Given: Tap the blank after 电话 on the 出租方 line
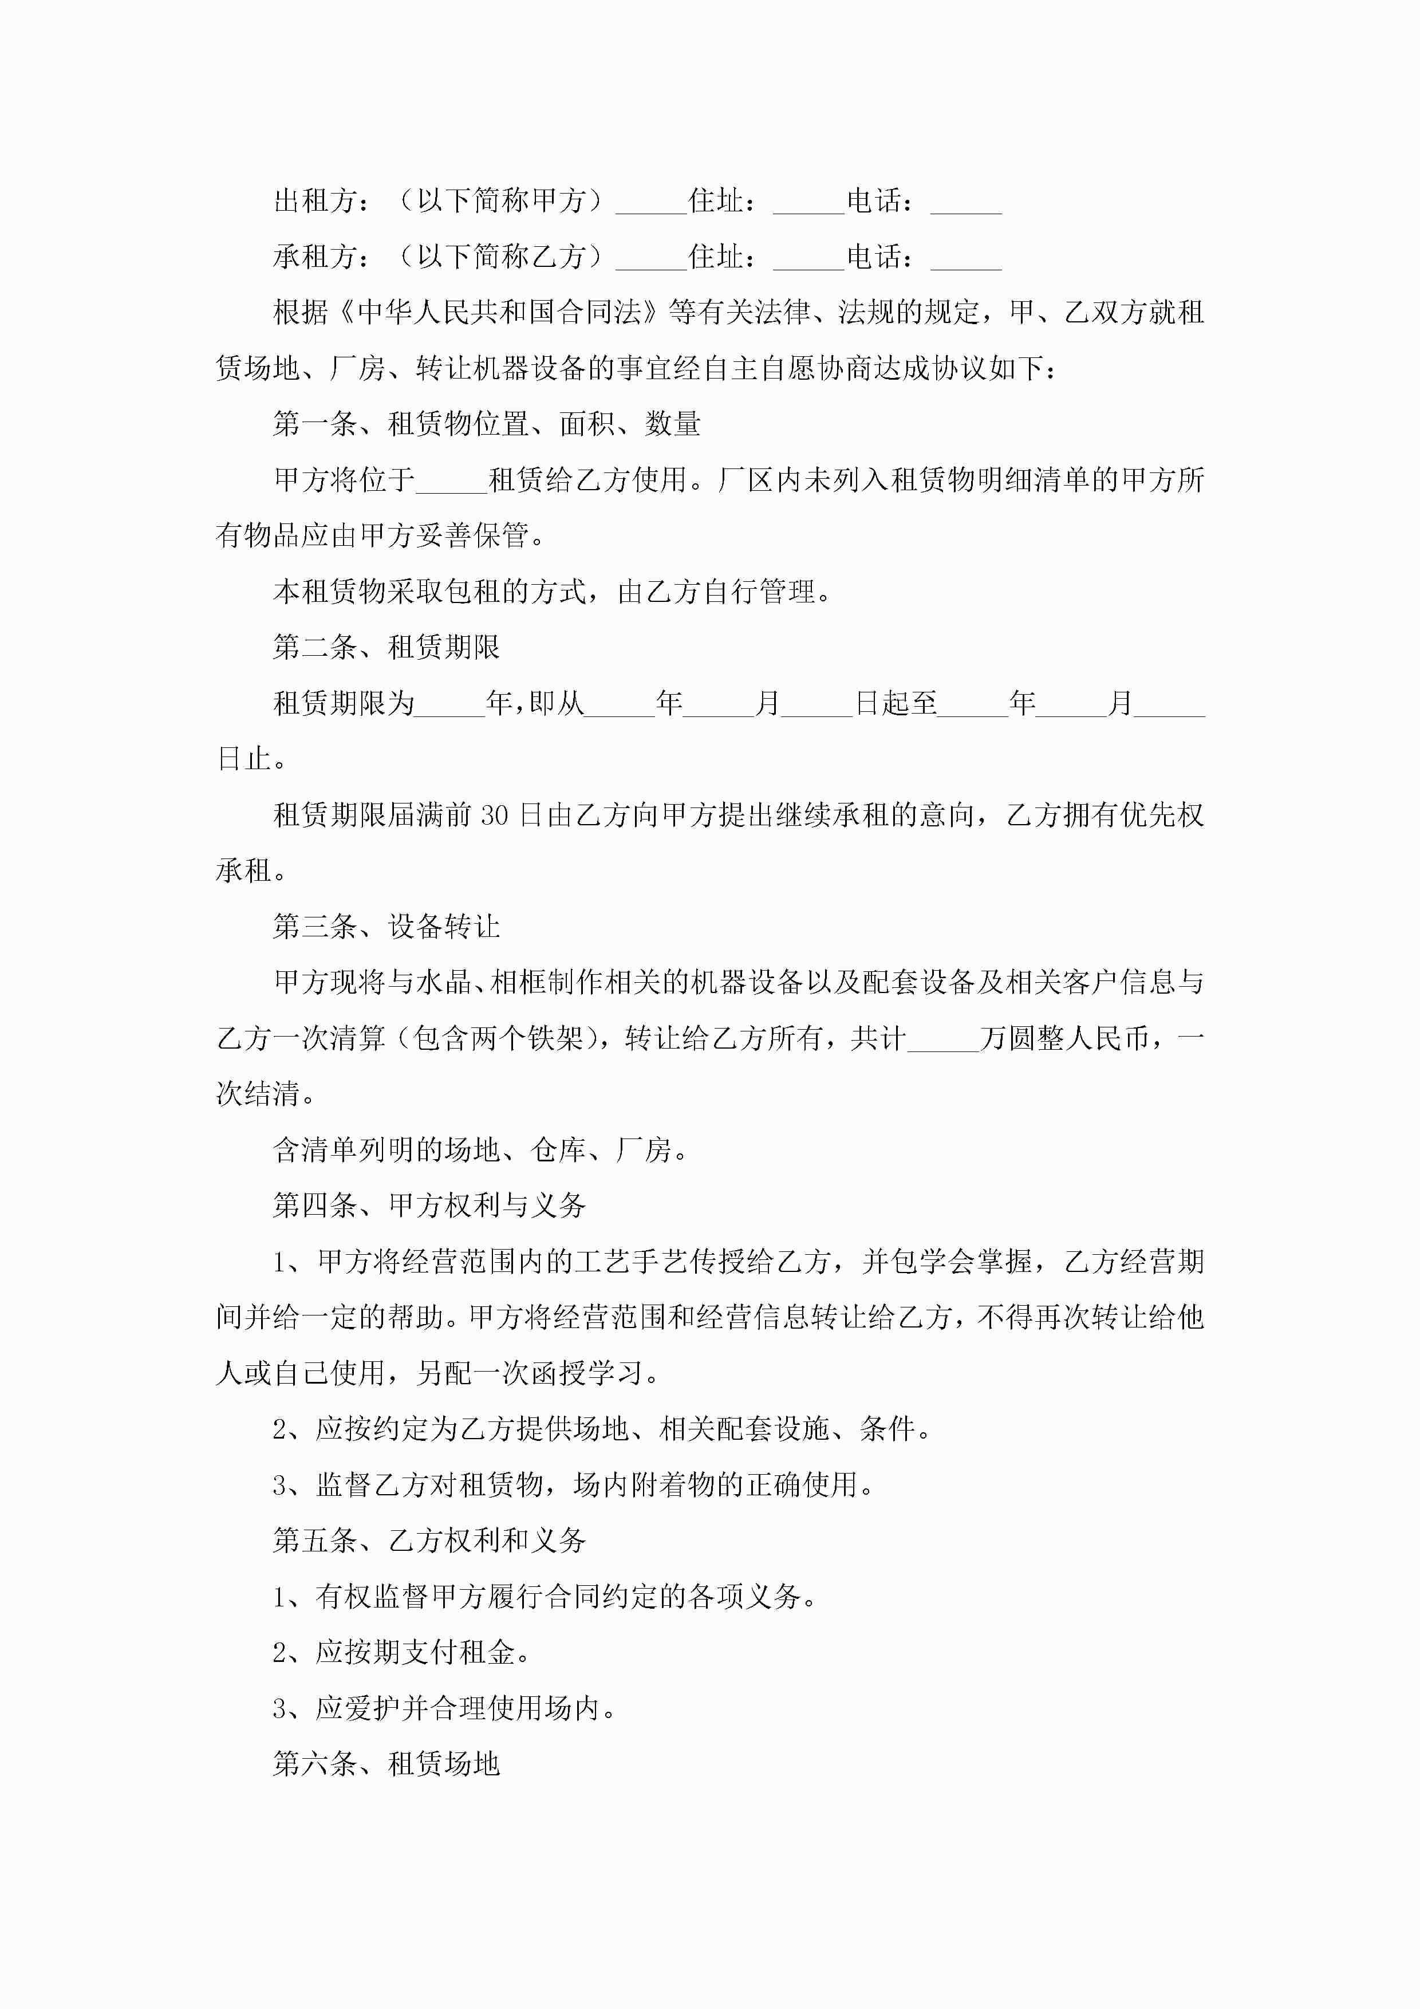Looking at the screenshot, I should pos(966,203).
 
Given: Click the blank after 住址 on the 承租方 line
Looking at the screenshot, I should pos(809,259).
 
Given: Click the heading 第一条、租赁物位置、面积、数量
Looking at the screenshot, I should pos(487,423).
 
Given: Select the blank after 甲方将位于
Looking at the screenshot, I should pos(451,481).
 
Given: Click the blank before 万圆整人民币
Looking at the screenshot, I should pos(943,1039).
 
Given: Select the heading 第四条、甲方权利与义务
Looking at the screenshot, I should pos(429,1205).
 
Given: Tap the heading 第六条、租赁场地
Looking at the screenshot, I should pos(386,1763).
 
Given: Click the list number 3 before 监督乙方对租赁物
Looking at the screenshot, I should pos(280,1485).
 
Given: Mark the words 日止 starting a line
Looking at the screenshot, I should pos(244,759).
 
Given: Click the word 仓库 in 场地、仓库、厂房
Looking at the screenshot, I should pos(558,1150).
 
